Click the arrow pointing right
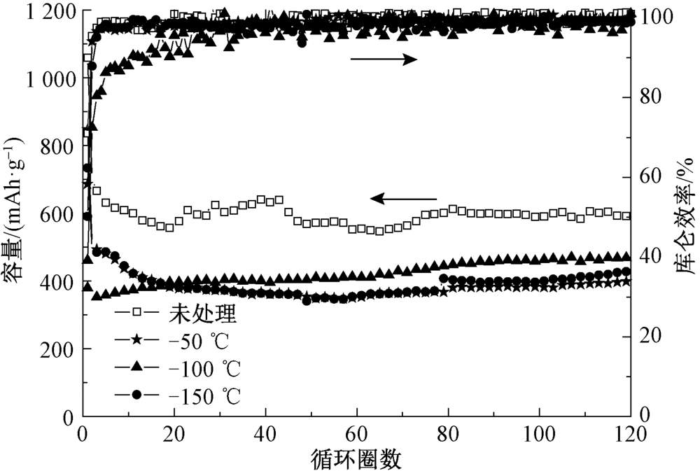[x=383, y=59]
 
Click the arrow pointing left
[x=403, y=199]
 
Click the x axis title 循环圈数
[x=356, y=458]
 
